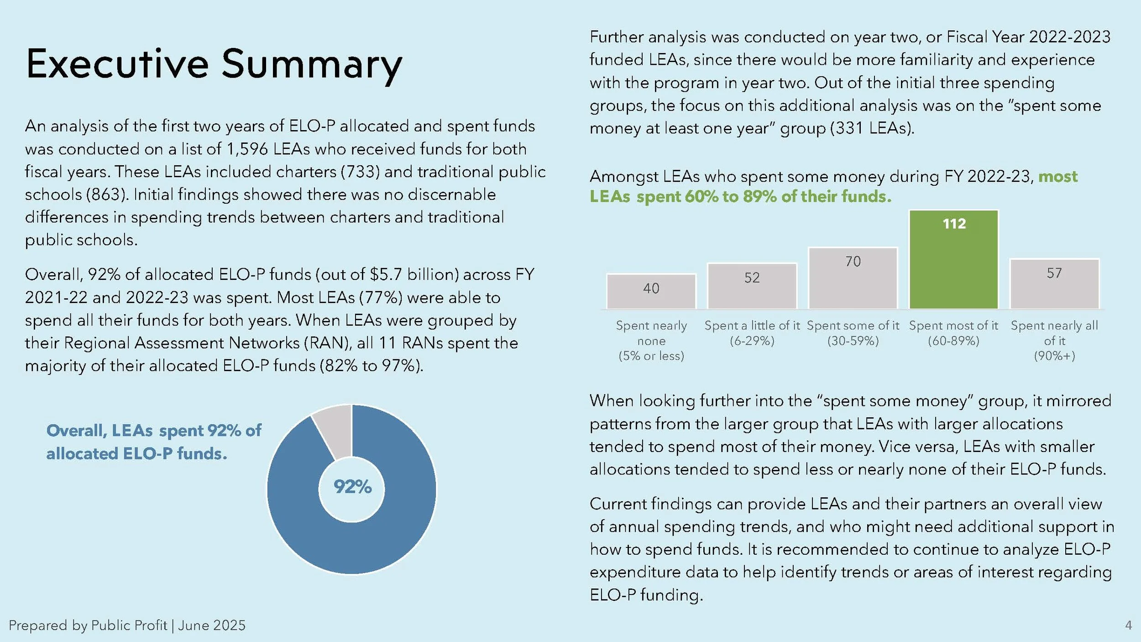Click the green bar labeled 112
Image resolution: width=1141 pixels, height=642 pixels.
coord(954,260)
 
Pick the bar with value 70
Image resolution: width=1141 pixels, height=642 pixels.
coord(853,278)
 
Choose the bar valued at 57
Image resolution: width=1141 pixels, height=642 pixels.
coord(1054,284)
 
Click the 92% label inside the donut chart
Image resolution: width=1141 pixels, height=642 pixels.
coord(352,487)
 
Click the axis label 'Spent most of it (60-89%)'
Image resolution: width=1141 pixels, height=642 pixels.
coord(953,333)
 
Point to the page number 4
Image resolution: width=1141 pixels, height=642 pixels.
coord(1129,625)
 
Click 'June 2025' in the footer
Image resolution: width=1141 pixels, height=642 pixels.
coord(212,625)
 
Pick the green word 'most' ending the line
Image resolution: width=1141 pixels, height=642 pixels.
coord(1058,176)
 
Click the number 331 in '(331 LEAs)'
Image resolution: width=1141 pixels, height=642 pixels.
coord(849,128)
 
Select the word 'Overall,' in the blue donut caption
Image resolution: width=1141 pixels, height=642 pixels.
coord(77,431)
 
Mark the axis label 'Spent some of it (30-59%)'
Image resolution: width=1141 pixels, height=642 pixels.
coord(853,333)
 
